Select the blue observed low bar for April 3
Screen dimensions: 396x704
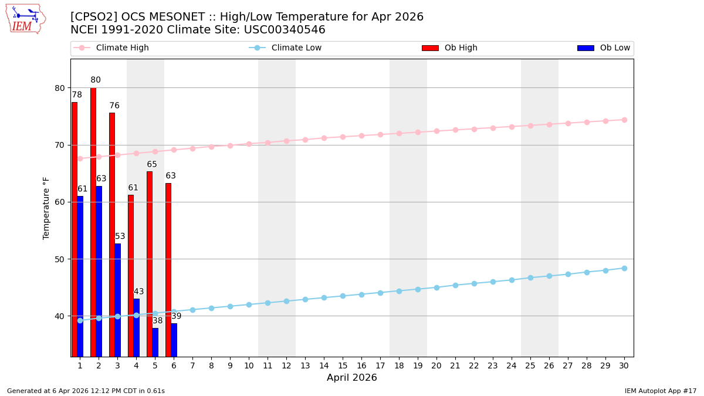[118, 300]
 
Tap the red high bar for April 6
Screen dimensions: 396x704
[168, 270]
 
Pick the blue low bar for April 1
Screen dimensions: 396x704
[80, 276]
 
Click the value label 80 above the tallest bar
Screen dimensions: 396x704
[96, 80]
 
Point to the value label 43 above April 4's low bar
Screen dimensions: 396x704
[138, 292]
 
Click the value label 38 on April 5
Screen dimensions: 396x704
[157, 321]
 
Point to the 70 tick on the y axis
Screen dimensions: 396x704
[60, 145]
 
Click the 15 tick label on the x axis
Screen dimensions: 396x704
[343, 365]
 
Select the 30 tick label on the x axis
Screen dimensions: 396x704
[624, 365]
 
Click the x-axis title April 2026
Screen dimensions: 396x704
[352, 378]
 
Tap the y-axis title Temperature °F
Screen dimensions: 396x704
[46, 208]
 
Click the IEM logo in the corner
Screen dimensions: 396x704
[25, 19]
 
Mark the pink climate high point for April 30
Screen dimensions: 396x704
[624, 120]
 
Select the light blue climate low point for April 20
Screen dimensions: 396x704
[436, 287]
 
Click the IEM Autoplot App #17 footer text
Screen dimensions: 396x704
[661, 391]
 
